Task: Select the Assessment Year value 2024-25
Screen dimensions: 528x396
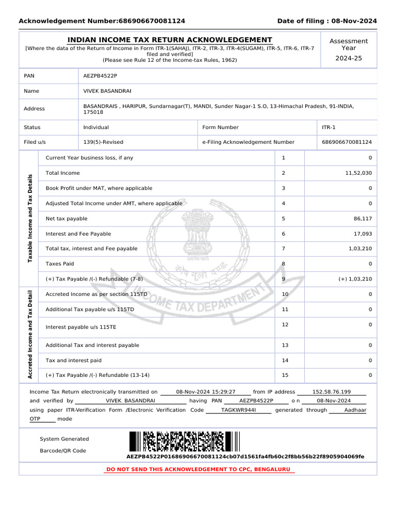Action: pos(349,58)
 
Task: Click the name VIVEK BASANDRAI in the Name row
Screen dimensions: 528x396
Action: pos(107,91)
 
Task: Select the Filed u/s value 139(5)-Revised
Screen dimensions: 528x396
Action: pos(103,142)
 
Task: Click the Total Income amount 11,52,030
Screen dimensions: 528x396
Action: pos(358,173)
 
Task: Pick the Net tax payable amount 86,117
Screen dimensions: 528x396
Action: pos(362,219)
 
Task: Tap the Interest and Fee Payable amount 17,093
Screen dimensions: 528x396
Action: pos(362,234)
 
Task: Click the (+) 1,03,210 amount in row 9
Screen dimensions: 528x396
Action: pos(355,279)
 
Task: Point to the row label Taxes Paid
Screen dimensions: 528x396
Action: pos(60,264)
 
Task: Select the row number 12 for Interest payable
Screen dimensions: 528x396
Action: pos(285,324)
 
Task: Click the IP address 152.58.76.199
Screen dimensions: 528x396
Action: pos(332,392)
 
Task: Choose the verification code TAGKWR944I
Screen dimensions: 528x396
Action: pos(238,410)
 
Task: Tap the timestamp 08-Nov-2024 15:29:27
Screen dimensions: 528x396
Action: pos(205,392)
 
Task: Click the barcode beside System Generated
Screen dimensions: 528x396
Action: pos(184,442)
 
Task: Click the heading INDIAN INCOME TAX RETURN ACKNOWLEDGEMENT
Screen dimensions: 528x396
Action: pos(170,40)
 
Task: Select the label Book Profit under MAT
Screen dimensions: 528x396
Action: pos(99,188)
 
